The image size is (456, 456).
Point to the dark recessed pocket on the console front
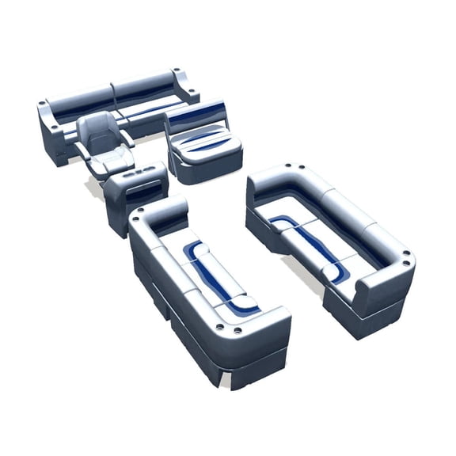click(147, 188)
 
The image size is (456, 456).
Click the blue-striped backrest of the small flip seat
click(195, 118)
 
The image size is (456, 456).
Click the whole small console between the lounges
click(135, 194)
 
